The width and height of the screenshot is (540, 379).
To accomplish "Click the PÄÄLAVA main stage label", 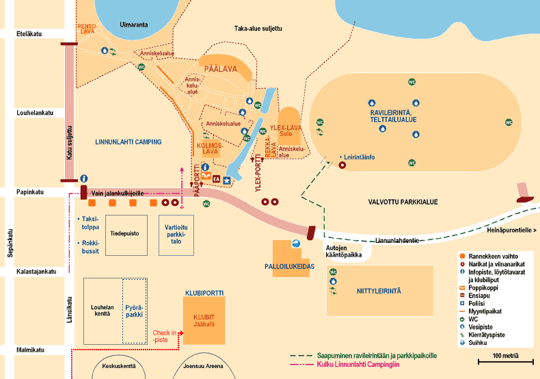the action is [220, 69].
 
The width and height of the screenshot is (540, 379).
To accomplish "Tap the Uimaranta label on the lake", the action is [133, 25].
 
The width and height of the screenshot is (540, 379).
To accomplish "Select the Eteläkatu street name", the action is [29, 34].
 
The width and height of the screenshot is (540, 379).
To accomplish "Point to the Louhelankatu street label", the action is [35, 113].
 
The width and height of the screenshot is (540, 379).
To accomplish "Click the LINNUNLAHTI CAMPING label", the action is [128, 142].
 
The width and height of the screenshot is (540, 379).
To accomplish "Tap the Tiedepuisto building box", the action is [126, 235].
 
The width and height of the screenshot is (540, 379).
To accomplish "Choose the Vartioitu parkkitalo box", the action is [176, 235].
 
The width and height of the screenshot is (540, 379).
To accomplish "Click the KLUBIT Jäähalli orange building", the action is [204, 320].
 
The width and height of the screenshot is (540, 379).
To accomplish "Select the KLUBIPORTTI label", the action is [204, 293].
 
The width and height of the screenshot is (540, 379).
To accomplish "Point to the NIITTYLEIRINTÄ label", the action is [379, 291].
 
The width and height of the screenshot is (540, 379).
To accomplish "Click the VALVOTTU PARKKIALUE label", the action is [403, 202].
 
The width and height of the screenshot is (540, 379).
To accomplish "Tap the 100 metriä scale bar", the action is [506, 361].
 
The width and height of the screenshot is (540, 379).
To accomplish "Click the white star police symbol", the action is [227, 180].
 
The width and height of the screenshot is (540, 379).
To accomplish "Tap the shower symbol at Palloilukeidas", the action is [295, 244].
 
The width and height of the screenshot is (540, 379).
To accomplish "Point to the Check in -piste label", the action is [164, 337].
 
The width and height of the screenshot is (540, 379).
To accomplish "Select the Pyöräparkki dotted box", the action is [134, 311].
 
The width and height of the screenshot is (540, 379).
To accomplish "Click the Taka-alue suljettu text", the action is [258, 29].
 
